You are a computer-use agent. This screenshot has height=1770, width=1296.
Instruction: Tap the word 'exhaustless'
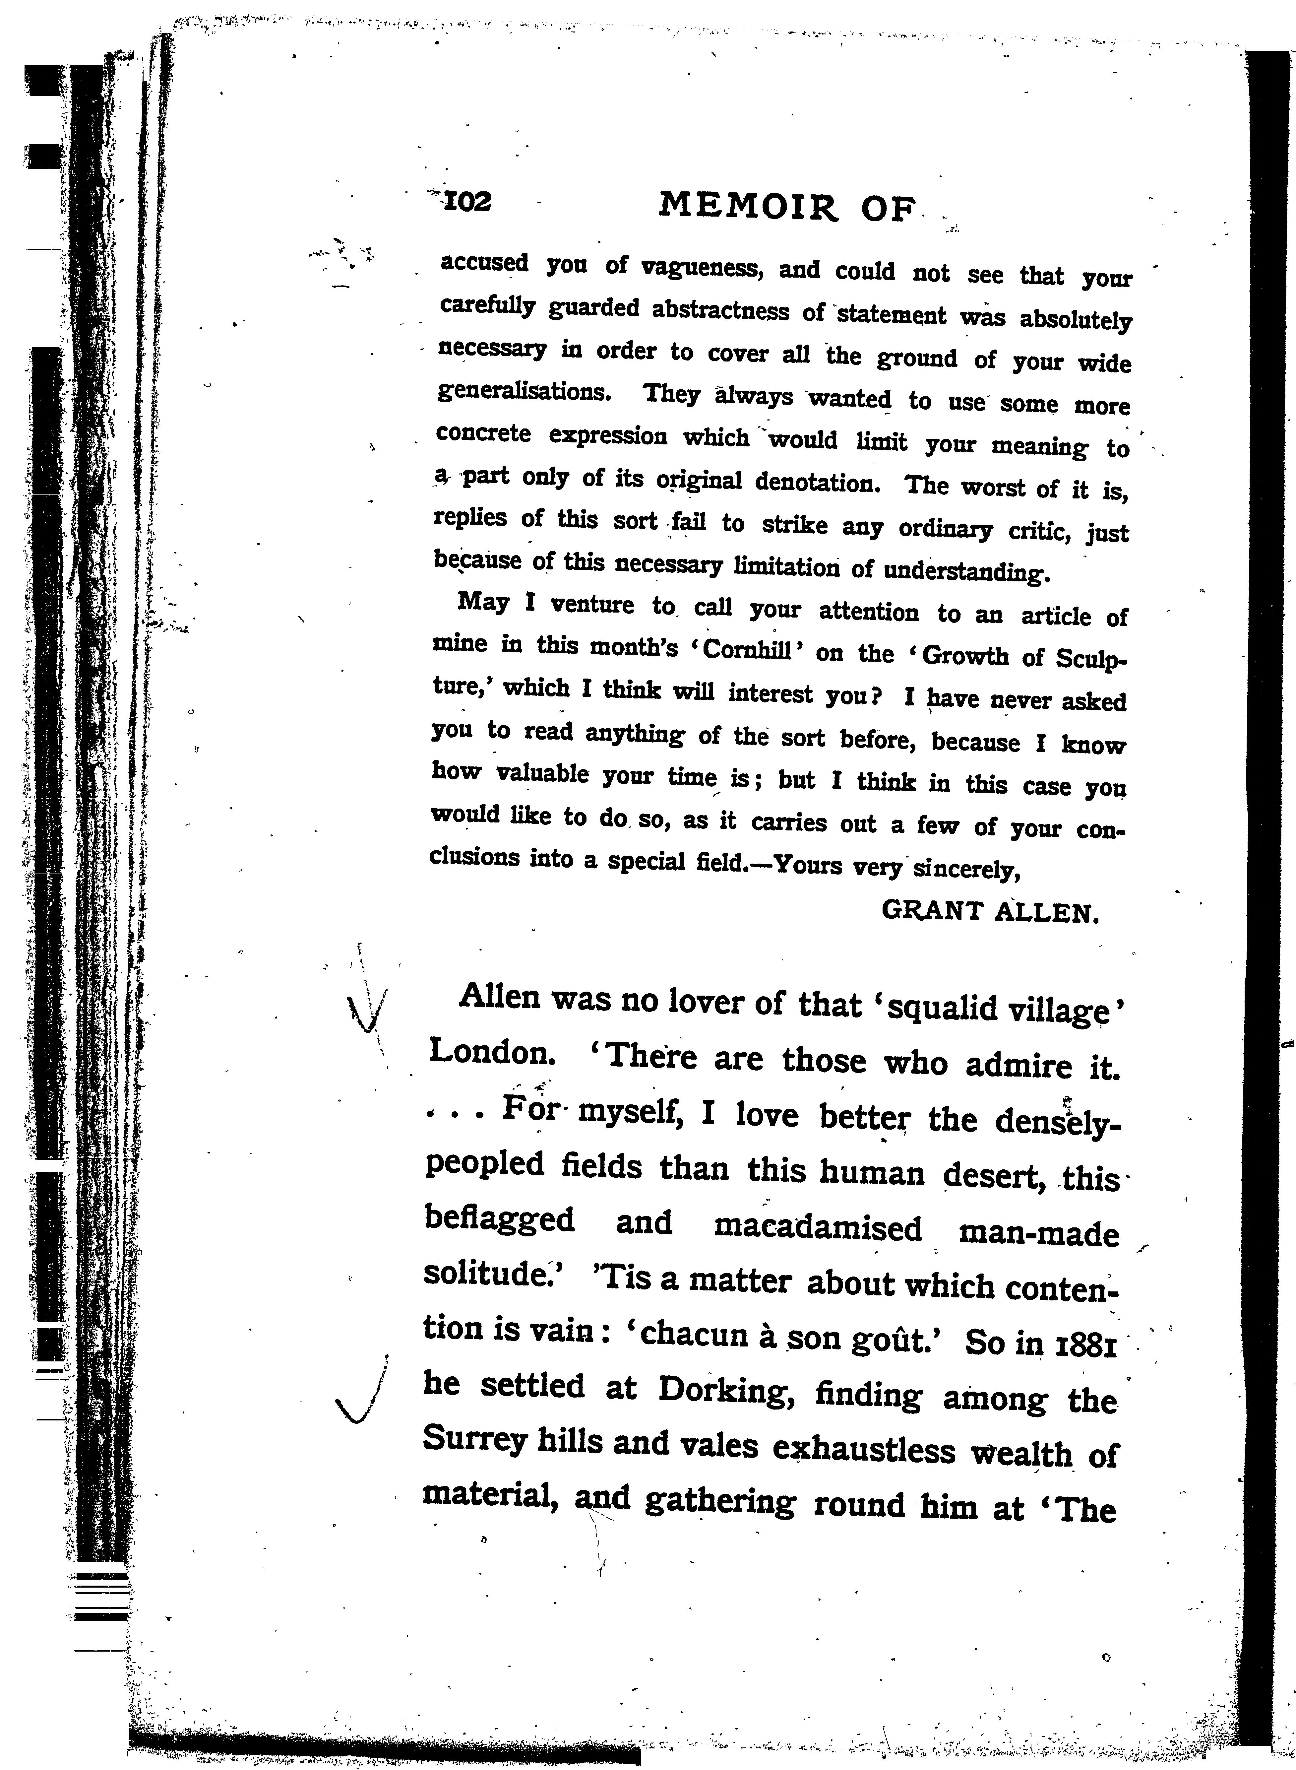pos(864,1448)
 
